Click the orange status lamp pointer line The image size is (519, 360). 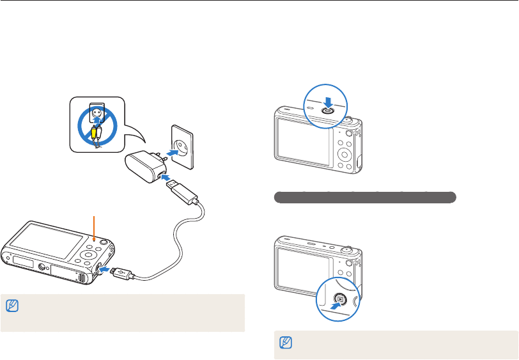[x=94, y=230]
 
